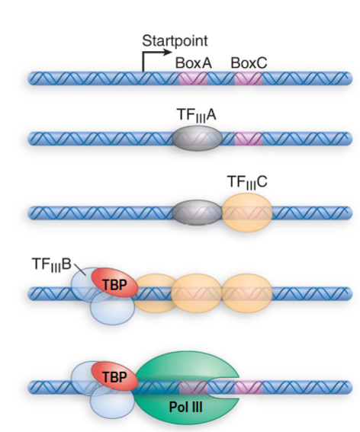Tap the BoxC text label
249,62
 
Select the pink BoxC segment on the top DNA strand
248,78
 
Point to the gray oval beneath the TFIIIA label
198,138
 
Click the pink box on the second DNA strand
248,139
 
